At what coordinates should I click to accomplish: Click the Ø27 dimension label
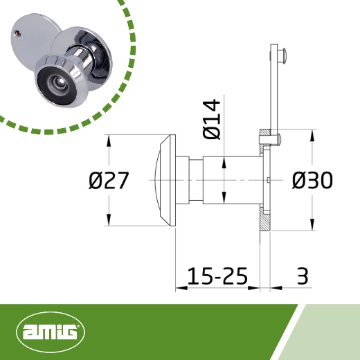pyautogui.click(x=109, y=181)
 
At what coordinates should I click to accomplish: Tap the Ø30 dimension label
pyautogui.click(x=312, y=181)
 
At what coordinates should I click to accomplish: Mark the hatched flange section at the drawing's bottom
pyautogui.click(x=265, y=219)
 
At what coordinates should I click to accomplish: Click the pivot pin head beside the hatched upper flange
pyautogui.click(x=276, y=141)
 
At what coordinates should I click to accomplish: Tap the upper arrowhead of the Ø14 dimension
pyautogui.click(x=224, y=163)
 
